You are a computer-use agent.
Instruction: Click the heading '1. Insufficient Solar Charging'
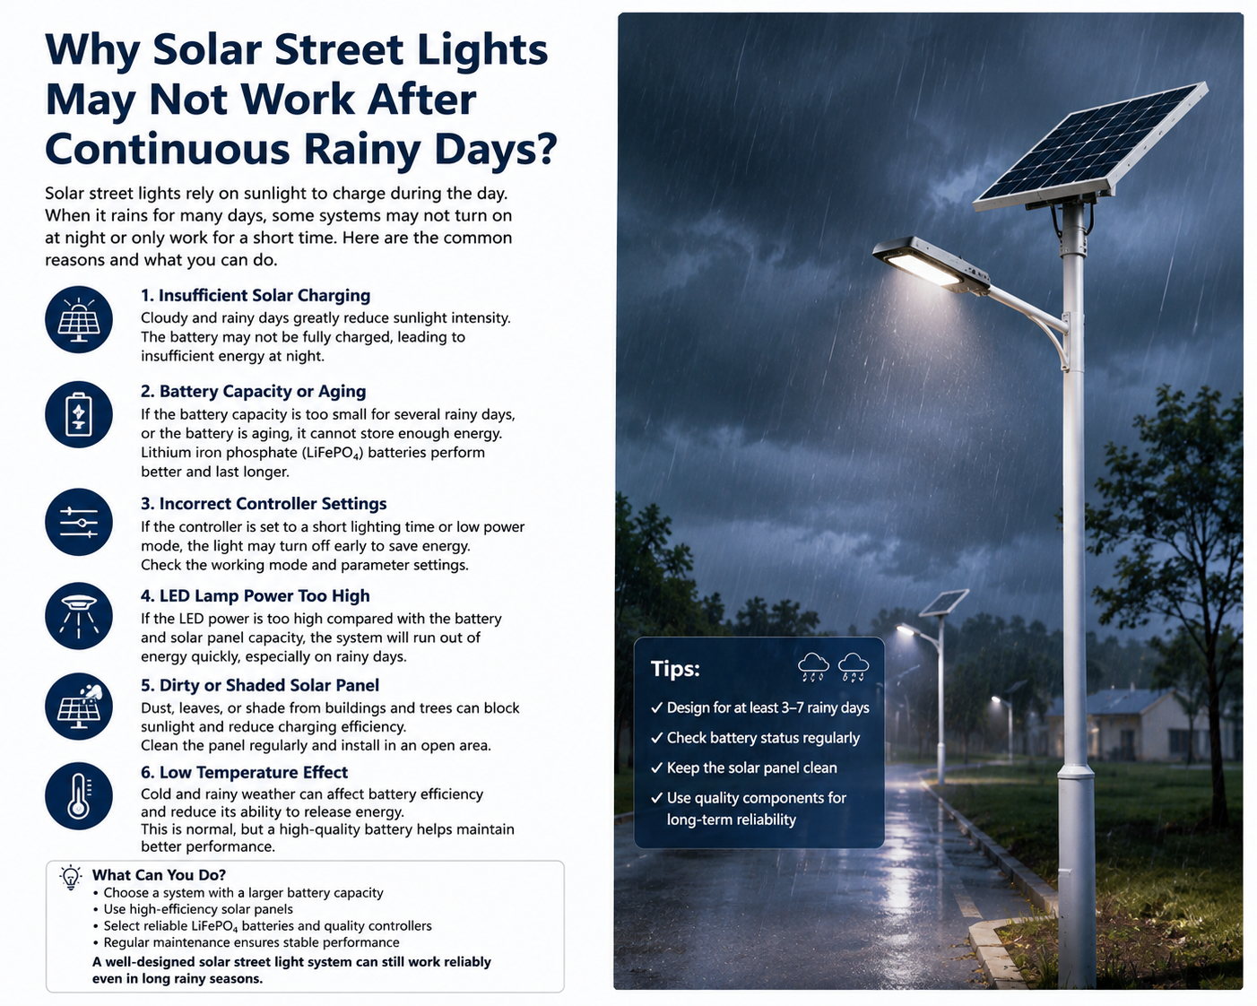click(x=256, y=296)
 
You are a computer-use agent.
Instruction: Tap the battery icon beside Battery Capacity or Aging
click(x=79, y=415)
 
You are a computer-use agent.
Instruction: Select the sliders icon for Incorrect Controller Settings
click(x=79, y=523)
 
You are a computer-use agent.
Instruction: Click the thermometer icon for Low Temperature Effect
click(x=79, y=795)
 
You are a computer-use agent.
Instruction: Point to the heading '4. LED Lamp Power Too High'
click(x=256, y=596)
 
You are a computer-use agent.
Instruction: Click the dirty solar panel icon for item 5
click(x=79, y=707)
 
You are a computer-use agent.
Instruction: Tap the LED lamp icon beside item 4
click(x=79, y=616)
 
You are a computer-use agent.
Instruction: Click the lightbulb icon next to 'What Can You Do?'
click(x=71, y=877)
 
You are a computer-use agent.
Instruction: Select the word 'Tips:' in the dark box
click(x=675, y=668)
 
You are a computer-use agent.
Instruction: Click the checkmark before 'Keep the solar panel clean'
click(x=656, y=768)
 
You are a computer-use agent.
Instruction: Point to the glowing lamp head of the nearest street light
click(x=930, y=264)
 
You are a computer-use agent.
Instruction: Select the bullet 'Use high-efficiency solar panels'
click(x=198, y=909)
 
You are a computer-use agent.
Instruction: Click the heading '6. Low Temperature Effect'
click(x=244, y=772)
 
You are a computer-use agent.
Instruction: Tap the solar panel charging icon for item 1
click(x=79, y=319)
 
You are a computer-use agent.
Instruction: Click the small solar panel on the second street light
click(x=943, y=603)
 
